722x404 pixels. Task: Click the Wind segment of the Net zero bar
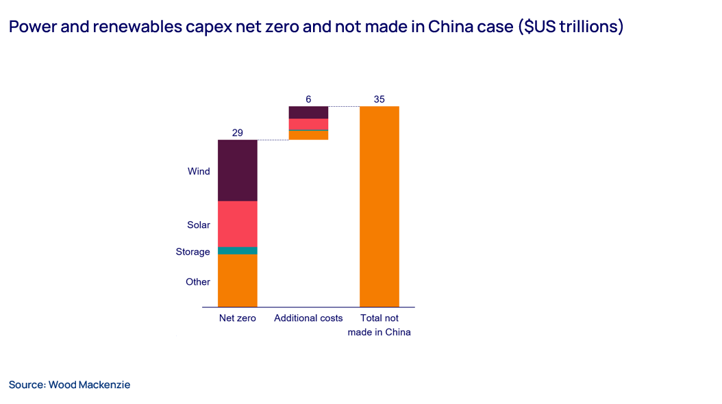point(237,171)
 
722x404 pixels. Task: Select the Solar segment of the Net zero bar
point(237,224)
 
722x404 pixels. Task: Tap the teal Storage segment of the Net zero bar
point(237,251)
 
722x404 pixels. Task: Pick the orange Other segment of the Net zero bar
point(237,281)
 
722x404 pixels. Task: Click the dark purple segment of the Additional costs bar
point(308,112)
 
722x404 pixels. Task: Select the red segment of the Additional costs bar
point(308,124)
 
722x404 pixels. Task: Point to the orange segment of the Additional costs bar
point(308,136)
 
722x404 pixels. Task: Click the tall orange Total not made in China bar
point(379,206)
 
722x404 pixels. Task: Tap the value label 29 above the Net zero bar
point(237,133)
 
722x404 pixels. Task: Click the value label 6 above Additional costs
point(308,99)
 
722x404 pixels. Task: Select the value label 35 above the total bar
point(379,99)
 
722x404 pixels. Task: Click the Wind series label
point(199,171)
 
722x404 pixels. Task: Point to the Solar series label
point(199,225)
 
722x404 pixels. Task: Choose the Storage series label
point(192,252)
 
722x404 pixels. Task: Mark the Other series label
point(198,282)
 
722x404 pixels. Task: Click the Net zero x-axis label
point(237,318)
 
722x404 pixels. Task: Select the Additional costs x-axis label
point(308,318)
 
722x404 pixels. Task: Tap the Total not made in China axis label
point(379,325)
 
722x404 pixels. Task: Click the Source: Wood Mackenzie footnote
point(69,385)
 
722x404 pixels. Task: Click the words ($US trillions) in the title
point(571,27)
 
